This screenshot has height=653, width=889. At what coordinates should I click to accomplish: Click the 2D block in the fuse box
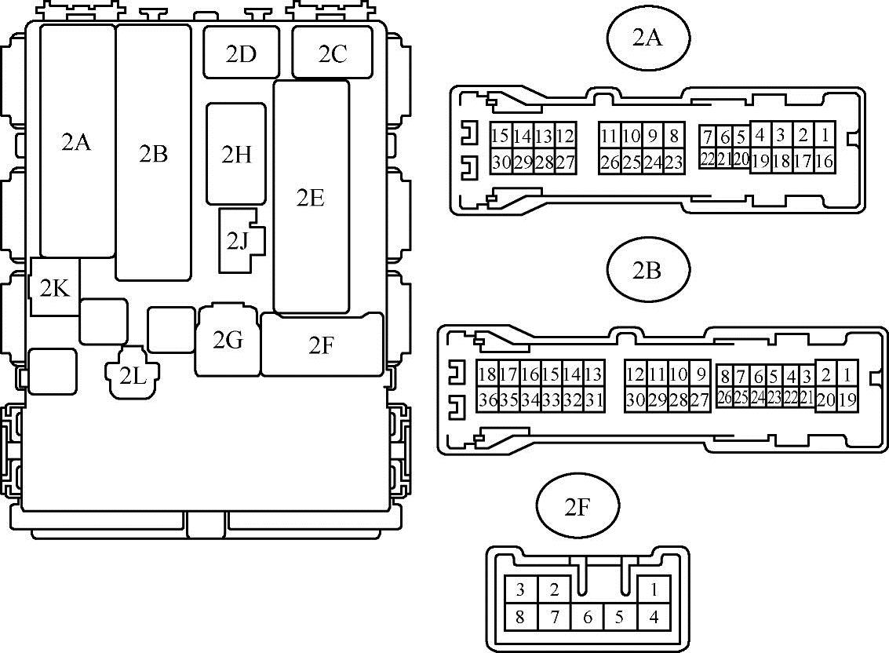241,53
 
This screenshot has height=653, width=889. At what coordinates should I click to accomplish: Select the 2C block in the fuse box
332,53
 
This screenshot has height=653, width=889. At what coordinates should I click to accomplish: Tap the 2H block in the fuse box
236,155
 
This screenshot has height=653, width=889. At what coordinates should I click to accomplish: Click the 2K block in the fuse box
54,288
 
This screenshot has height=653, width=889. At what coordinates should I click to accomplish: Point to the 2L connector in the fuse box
133,375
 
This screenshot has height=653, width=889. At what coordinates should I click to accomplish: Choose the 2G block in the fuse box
228,341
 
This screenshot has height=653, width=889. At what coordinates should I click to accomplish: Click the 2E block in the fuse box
311,197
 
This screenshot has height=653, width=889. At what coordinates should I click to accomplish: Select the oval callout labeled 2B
647,270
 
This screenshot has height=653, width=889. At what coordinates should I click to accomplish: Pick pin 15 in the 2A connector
500,136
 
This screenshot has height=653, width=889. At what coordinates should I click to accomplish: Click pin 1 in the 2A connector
824,135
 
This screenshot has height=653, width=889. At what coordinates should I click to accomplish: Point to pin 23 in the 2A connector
673,162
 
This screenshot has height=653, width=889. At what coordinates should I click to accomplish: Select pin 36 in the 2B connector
487,400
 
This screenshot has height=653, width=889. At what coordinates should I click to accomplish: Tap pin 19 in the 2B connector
847,399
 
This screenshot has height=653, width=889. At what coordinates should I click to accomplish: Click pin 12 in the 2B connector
635,374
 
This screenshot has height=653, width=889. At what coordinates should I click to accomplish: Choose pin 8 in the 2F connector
519,617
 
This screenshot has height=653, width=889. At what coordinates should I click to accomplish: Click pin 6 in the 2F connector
588,617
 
